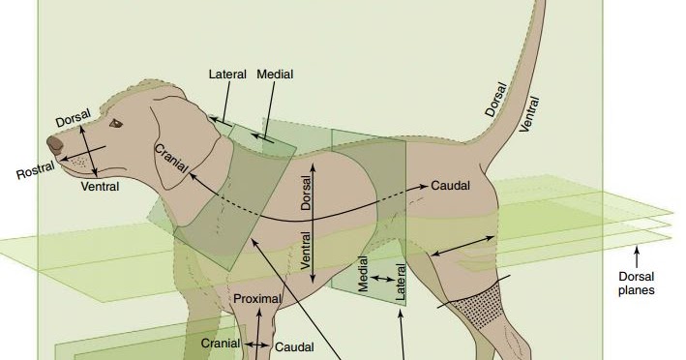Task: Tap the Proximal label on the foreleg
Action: (x=256, y=299)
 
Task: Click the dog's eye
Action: (x=116, y=124)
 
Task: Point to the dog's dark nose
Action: (x=55, y=144)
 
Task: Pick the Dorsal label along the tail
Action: (x=495, y=99)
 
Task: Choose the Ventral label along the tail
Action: (x=530, y=114)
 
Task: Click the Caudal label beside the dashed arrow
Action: (x=450, y=185)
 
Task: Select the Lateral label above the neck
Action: (x=227, y=75)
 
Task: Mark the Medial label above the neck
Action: (x=275, y=75)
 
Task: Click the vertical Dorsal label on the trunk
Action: (x=307, y=194)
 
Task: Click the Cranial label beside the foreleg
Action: (x=221, y=344)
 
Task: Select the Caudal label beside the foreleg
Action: (x=294, y=346)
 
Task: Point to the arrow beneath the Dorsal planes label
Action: (x=637, y=256)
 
